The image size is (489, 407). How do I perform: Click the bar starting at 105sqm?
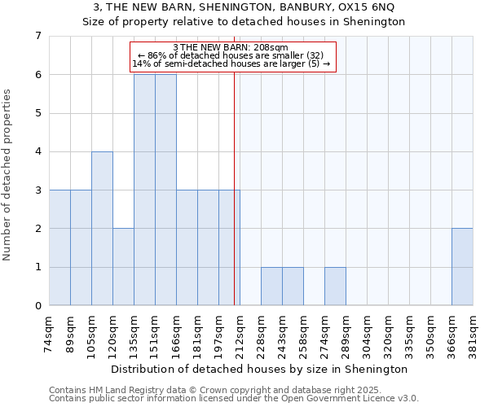[x=102, y=229]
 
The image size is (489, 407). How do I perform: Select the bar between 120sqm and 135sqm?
[x=123, y=267]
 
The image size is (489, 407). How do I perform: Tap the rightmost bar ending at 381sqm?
[x=462, y=267]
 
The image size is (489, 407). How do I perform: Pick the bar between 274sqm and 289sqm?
[x=335, y=287]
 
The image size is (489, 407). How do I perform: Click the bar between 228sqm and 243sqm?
[x=271, y=287]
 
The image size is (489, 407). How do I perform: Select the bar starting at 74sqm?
[x=59, y=247]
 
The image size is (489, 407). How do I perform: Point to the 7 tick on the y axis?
[x=37, y=36]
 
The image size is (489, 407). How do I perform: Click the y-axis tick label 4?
[x=37, y=151]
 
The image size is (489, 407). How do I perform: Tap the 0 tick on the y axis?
[x=37, y=306]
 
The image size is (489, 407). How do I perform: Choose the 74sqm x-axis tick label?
[x=49, y=333]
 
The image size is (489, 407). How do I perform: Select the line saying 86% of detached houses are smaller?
[x=232, y=55]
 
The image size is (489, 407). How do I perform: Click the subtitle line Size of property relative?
[x=244, y=21]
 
